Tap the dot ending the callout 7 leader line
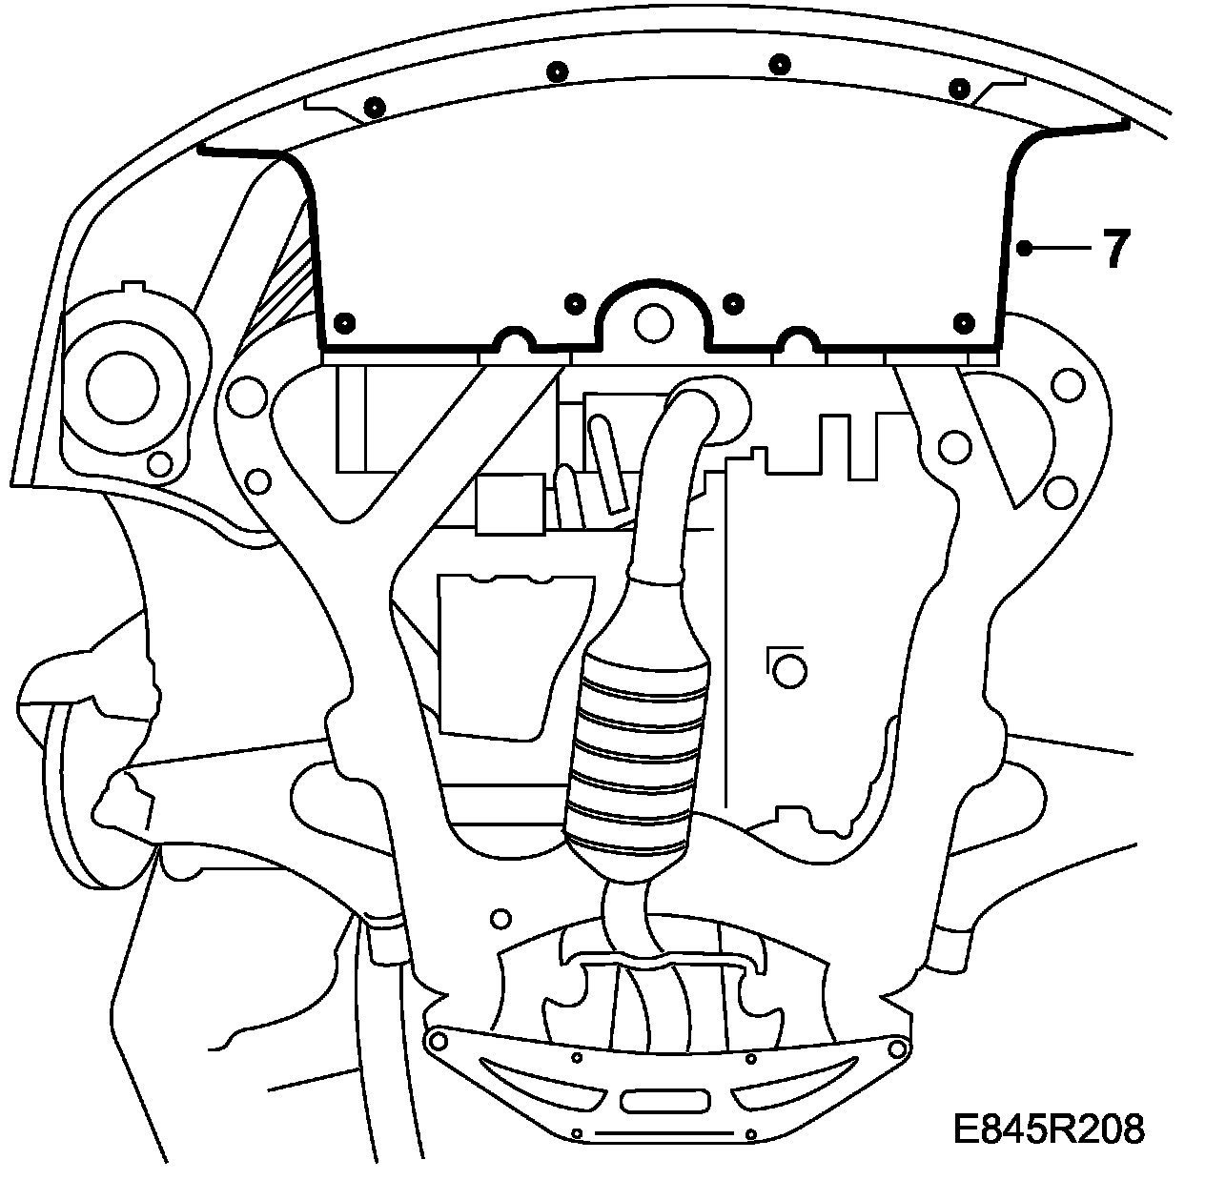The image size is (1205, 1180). pos(1023,249)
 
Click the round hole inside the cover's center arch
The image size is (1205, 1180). pos(653,321)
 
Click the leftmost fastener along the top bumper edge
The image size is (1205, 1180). pos(374,108)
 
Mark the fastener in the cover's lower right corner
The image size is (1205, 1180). pos(964,321)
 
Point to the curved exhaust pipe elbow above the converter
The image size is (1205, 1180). pos(686,419)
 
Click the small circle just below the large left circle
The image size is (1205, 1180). pos(160,464)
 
